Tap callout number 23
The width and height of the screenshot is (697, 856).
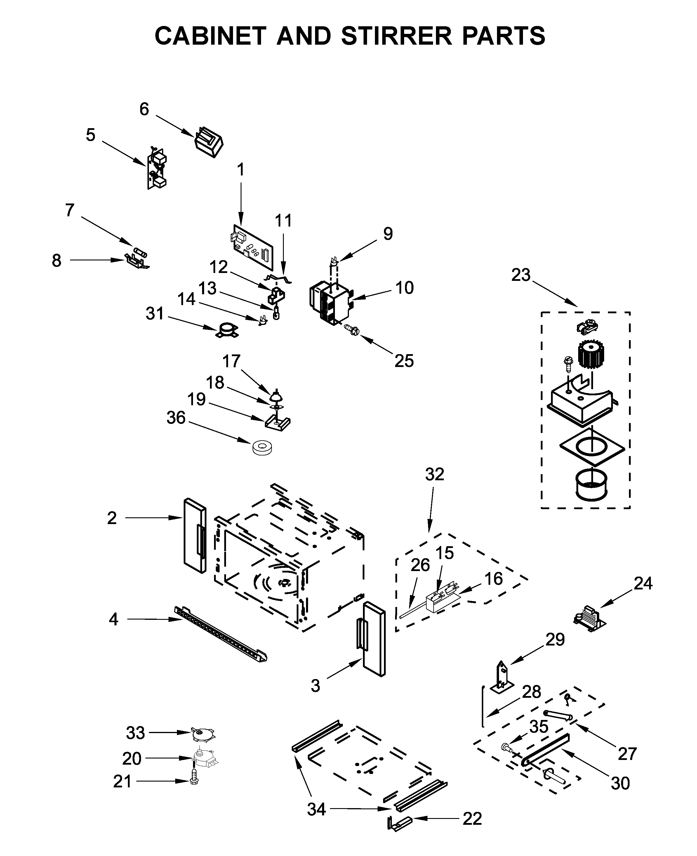[x=520, y=275]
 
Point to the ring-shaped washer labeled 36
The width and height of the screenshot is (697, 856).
[x=262, y=447]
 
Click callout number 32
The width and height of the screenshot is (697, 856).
[x=434, y=474]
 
